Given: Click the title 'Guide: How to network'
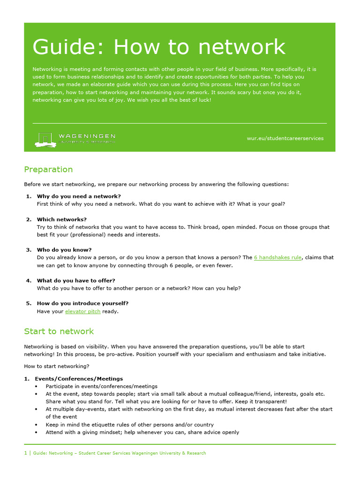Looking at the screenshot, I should point(158,47).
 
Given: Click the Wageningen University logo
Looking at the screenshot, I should point(75,138).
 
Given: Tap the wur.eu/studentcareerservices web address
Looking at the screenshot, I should point(285,138).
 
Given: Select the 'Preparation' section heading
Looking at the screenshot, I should point(48,169).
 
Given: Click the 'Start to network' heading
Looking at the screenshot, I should point(59,331).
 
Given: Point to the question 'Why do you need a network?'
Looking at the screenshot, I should point(79,196).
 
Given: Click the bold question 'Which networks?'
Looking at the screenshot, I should point(62,219).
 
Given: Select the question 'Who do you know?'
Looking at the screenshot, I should point(64,250).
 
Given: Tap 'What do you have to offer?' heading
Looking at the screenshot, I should point(76,280).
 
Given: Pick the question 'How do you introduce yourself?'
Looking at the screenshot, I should point(82,303).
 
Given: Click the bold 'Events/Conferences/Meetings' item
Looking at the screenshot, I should point(79,378).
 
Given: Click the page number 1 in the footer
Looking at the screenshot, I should point(26,453).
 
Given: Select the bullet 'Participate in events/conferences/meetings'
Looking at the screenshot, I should point(101,386).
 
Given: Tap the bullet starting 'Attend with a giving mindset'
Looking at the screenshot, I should point(142,432).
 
